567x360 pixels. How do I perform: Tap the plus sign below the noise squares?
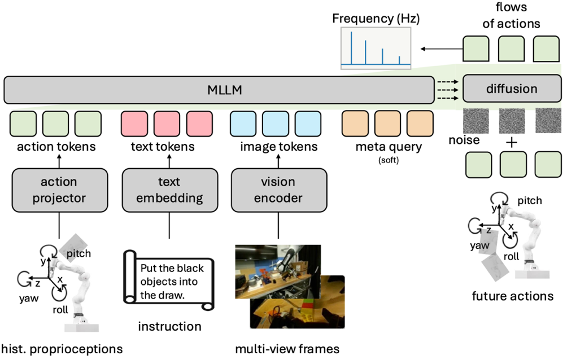pyautogui.click(x=512, y=143)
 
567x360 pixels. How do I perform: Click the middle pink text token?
pyautogui.click(x=169, y=123)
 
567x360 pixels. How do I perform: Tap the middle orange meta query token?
pyautogui.click(x=387, y=123)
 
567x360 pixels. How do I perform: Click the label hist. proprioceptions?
pyautogui.click(x=62, y=349)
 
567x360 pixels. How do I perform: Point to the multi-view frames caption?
pyautogui.click(x=287, y=349)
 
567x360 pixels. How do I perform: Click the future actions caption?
pyautogui.click(x=513, y=296)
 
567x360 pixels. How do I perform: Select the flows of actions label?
pyautogui.click(x=512, y=16)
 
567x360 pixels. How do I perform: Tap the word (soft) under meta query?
pyautogui.click(x=387, y=160)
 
